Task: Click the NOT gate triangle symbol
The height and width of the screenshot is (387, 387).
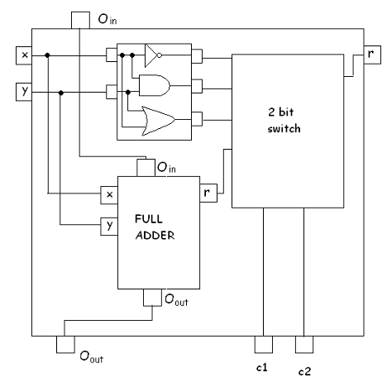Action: (152, 56)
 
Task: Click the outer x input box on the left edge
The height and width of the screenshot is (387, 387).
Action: (25, 55)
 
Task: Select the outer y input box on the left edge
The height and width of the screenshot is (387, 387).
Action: (25, 89)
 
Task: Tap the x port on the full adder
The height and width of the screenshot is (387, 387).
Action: (108, 194)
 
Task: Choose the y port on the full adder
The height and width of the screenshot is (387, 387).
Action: (108, 225)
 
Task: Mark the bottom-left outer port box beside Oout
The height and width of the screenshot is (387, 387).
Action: (64, 344)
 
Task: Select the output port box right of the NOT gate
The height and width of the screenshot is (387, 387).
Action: (197, 56)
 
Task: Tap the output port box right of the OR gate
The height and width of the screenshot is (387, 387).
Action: (197, 117)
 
